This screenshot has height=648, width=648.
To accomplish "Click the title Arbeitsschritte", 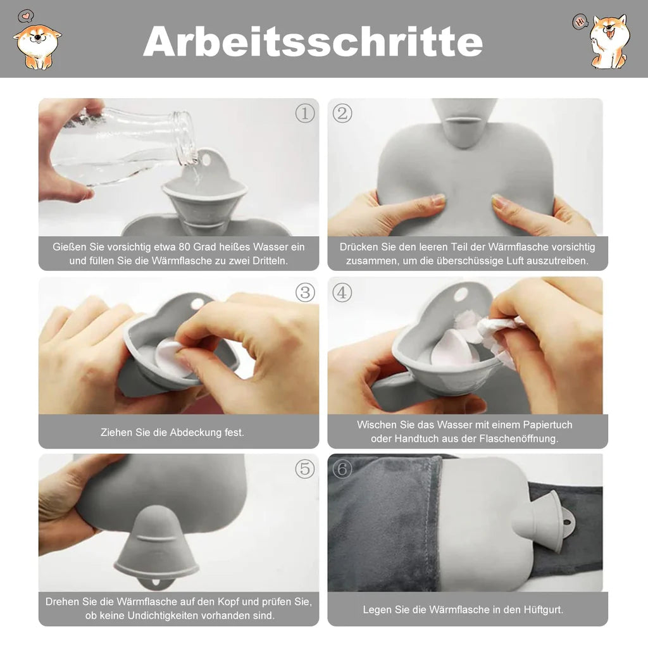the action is (313, 41).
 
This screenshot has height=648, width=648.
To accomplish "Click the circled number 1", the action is (305, 113).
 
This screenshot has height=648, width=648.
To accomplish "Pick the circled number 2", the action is (342, 113).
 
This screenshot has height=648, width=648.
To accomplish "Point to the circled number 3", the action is (305, 292).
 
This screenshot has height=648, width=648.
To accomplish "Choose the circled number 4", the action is (342, 292).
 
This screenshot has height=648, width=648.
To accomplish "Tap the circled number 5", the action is (305, 469).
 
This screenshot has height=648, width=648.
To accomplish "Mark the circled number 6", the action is (342, 469).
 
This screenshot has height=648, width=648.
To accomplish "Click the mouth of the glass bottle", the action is (185, 137).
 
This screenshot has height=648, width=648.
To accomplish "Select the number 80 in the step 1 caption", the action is (185, 247).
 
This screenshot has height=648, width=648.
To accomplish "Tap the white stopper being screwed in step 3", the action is (173, 358).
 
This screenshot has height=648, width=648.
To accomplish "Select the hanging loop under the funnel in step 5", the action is (156, 583).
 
